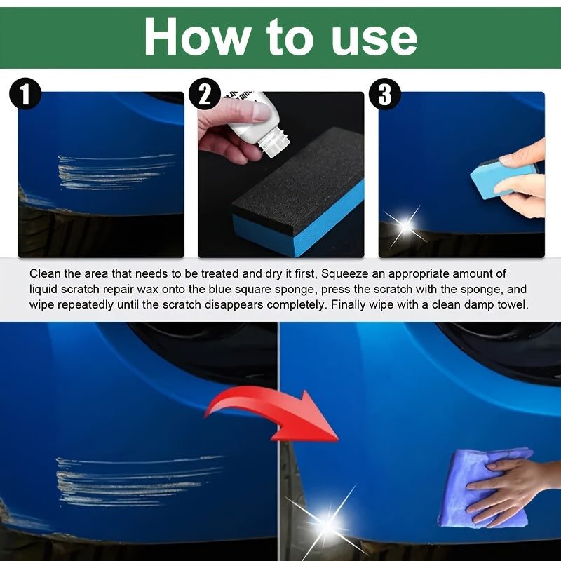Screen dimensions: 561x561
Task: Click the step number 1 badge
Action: point(25,94)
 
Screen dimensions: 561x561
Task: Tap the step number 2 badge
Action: point(205,94)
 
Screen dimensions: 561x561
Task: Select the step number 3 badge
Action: point(384,94)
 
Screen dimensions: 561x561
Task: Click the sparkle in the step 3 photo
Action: point(405,225)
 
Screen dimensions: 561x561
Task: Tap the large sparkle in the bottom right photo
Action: point(327,521)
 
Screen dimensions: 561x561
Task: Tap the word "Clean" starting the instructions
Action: point(44,273)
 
